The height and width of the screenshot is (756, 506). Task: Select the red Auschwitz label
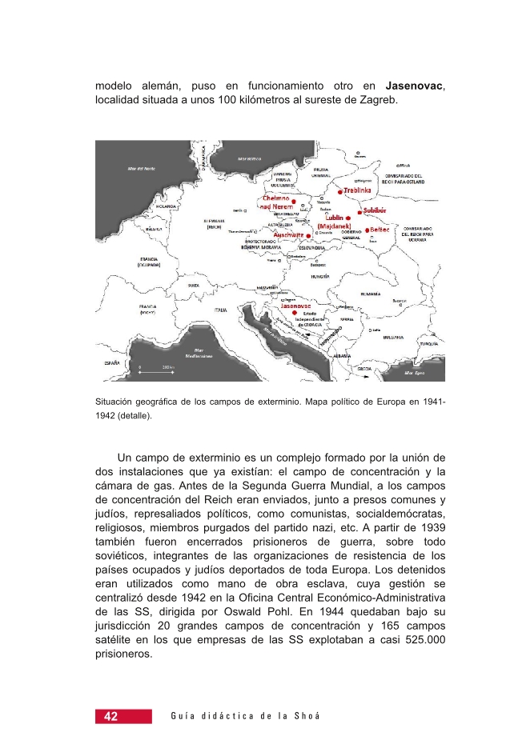click(287, 235)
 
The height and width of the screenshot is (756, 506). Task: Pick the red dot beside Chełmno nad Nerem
click(293, 202)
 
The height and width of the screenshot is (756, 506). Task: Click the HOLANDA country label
click(144, 206)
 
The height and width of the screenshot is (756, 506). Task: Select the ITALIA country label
click(220, 310)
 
